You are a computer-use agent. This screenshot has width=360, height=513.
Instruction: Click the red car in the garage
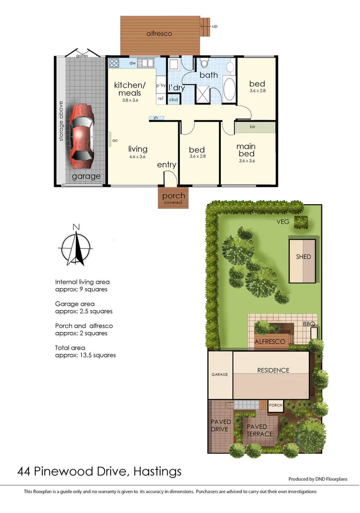tap(81, 136)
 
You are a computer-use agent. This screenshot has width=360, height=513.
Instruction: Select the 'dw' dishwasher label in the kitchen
tap(133, 62)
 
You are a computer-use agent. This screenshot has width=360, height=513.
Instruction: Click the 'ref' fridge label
tap(161, 99)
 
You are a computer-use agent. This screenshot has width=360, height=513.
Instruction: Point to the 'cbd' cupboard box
tap(173, 99)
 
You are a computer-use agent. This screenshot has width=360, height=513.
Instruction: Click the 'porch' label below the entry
tap(173, 196)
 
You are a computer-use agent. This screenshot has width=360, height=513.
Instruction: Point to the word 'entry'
tap(167, 165)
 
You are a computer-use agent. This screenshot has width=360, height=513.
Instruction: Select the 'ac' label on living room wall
tap(115, 140)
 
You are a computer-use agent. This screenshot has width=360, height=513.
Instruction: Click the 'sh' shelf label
tap(155, 118)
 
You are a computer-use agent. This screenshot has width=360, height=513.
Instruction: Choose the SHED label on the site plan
tap(303, 257)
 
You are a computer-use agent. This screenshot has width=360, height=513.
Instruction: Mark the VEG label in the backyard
tap(283, 221)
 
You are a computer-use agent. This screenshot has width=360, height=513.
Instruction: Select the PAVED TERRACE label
tap(260, 430)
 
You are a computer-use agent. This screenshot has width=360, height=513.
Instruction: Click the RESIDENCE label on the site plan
tap(273, 370)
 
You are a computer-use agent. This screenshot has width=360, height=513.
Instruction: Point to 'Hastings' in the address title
tap(157, 472)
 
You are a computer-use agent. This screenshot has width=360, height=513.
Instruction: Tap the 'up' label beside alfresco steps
tap(214, 26)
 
